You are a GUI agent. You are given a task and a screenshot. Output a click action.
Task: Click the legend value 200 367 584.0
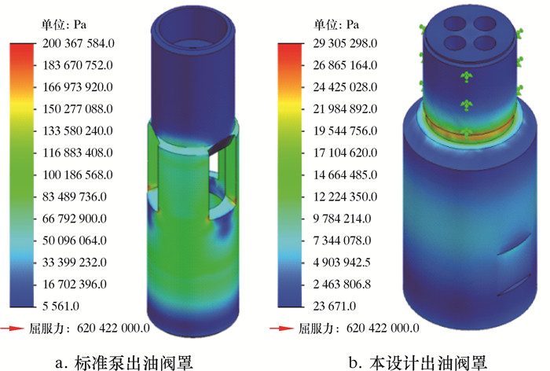[79, 43]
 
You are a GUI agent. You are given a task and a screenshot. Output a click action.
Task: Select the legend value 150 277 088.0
[78, 108]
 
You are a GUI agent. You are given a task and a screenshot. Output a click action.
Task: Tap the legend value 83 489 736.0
[75, 197]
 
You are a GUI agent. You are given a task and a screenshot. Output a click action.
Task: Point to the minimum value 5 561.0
[60, 306]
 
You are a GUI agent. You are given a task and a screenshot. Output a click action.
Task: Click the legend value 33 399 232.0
[75, 263]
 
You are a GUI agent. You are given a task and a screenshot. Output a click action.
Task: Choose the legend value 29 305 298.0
[345, 43]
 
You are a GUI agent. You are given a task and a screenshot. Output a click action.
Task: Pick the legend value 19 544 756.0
[345, 131]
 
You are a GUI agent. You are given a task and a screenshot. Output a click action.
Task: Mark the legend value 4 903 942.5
[342, 263]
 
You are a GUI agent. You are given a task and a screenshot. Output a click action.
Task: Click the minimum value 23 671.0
[334, 306]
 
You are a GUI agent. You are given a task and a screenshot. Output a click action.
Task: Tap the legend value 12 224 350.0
[345, 197]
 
